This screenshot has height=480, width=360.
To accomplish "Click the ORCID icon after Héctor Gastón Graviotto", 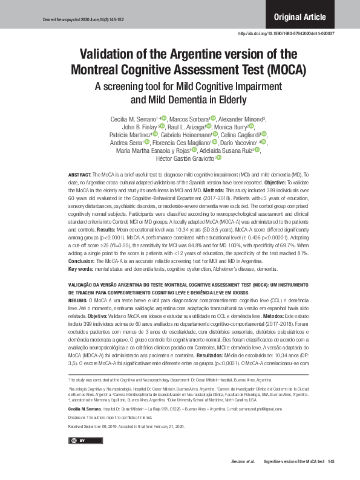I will (219, 158).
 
